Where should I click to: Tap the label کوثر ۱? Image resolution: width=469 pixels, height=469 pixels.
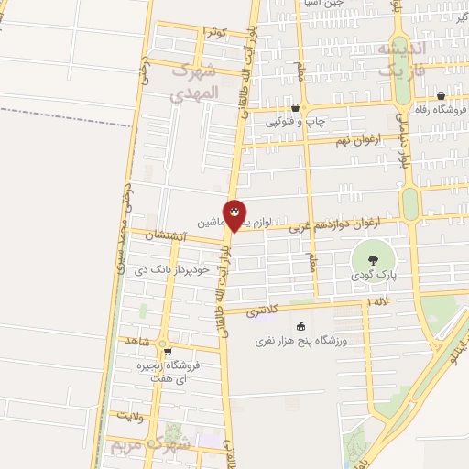[x=212, y=32]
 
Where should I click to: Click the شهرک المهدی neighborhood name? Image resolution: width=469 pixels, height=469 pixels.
[x=208, y=82]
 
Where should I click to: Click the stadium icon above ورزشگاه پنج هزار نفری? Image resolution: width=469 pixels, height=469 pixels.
[x=300, y=327]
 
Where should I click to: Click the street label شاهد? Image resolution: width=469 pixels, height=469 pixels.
[x=139, y=340]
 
